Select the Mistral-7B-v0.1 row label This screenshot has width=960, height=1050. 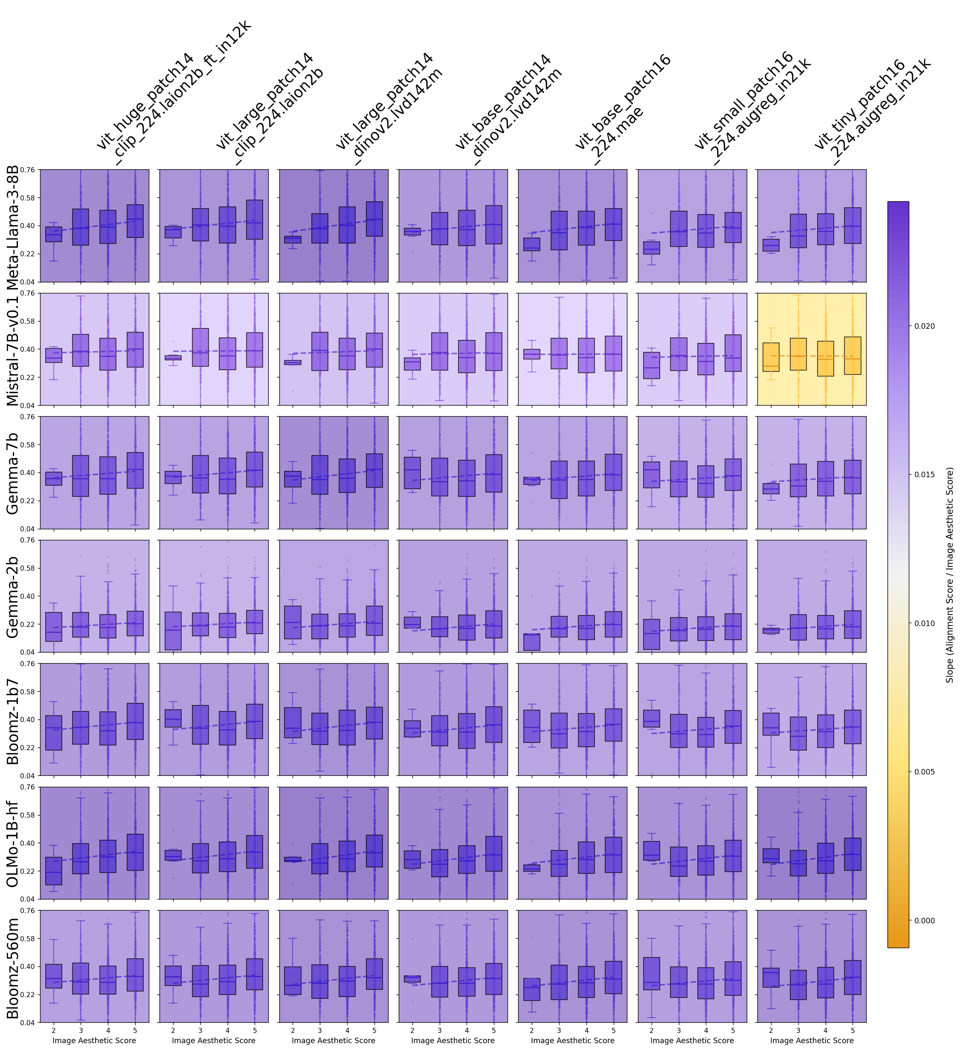(x=12, y=349)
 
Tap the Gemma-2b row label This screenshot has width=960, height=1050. (x=12, y=596)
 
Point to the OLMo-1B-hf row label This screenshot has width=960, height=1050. (x=12, y=844)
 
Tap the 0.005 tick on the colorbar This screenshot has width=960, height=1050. (x=925, y=772)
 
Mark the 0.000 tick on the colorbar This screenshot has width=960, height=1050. (x=925, y=920)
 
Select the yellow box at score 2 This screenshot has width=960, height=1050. (x=771, y=357)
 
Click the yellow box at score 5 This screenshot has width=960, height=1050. (x=853, y=356)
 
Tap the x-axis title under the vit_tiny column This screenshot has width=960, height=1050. (x=812, y=1041)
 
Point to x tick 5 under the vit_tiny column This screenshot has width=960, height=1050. (x=853, y=1030)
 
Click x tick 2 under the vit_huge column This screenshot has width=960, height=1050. (x=54, y=1030)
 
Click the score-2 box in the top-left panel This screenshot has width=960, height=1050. (x=54, y=235)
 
